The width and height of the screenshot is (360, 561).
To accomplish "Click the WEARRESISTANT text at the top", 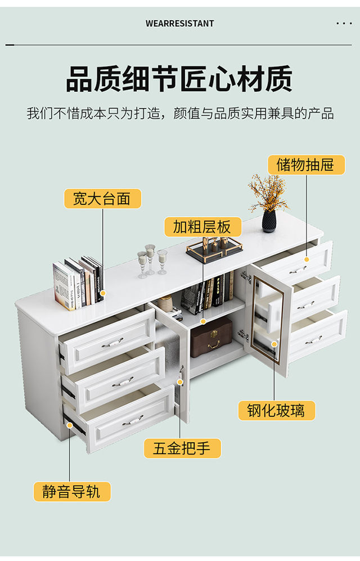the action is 179,24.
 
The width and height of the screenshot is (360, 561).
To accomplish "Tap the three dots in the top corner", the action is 344,24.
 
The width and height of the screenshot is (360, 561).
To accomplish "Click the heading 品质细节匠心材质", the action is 179,79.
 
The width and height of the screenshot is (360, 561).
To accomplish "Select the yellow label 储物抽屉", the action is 305,165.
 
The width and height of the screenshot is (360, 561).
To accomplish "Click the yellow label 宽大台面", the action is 102,198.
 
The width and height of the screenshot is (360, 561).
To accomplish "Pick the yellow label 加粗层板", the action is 202,227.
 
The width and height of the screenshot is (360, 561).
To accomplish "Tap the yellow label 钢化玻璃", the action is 275,410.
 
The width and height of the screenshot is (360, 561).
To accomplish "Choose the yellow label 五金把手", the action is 182,448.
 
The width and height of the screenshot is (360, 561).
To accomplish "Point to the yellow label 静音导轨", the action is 71,491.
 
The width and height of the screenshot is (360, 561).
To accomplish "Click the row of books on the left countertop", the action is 78,283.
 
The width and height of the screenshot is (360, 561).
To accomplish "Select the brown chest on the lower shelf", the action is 211,336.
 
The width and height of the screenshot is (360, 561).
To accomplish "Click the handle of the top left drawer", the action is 112,342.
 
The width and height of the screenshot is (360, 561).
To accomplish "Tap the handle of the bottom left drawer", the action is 133,420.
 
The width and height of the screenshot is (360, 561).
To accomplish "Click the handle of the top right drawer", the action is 298,270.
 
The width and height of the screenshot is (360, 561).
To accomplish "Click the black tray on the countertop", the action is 214,250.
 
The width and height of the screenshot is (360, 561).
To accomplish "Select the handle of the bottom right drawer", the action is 313,339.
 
